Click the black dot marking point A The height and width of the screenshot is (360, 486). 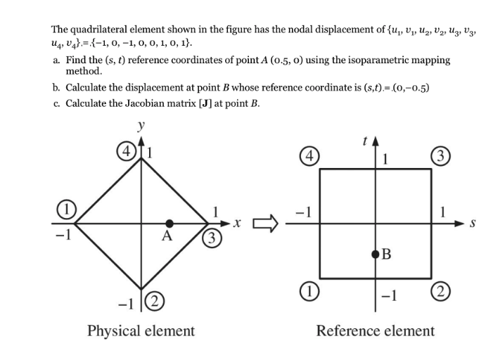click(170, 224)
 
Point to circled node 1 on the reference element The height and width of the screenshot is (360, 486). click(307, 291)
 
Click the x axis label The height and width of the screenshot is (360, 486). click(238, 224)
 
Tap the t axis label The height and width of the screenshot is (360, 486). click(364, 141)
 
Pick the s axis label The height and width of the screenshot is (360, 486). click(473, 224)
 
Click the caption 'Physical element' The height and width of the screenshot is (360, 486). click(141, 330)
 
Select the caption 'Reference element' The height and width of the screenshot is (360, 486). click(375, 330)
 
